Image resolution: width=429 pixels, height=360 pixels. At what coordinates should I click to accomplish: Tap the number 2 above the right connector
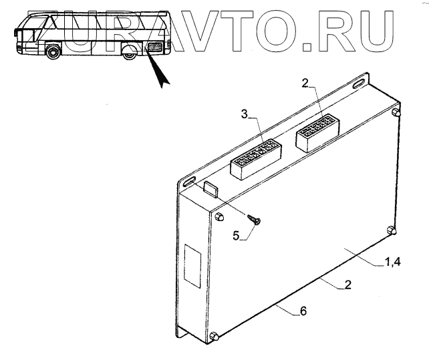coord(305,83)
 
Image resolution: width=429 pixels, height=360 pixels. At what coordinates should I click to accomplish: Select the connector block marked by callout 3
coord(255,159)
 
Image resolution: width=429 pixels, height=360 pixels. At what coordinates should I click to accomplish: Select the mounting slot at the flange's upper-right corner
coord(357,83)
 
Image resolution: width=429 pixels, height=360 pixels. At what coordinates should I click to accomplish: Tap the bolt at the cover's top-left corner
coord(220,217)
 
